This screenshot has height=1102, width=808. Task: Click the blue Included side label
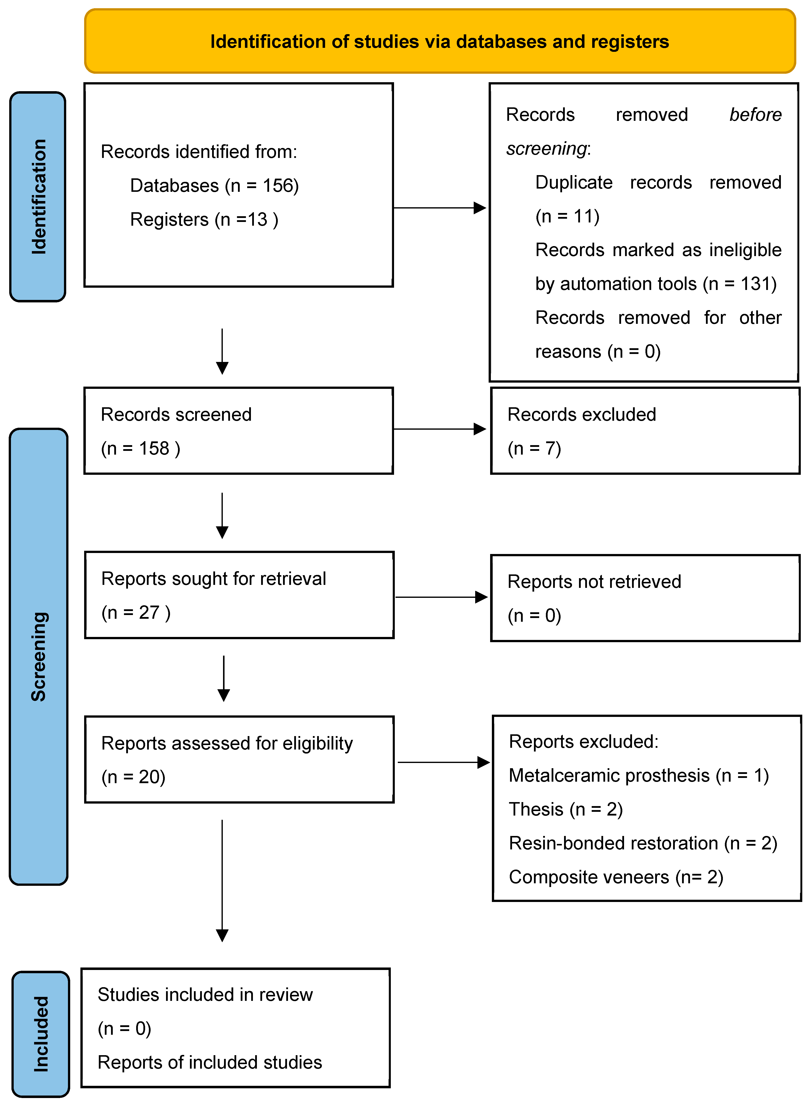point(41,1033)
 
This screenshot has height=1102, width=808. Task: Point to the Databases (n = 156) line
point(214,186)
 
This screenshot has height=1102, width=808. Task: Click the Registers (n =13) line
point(204,220)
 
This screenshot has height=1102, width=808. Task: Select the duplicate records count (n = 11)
point(567,216)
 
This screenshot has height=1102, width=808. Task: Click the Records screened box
point(239,431)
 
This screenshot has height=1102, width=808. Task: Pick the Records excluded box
point(645,431)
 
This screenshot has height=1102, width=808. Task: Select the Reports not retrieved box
point(645,598)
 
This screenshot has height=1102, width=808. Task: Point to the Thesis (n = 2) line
point(565,809)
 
